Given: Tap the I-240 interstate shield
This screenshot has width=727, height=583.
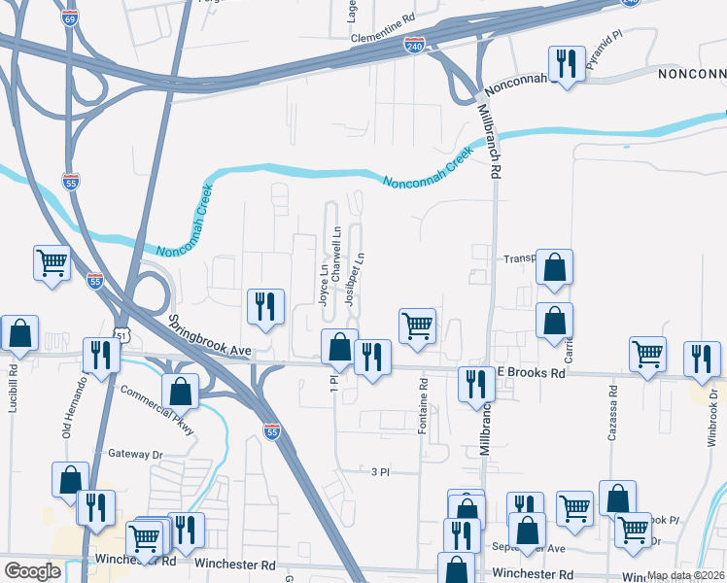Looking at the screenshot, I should [414, 46].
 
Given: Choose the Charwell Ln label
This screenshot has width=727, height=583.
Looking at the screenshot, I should [336, 255].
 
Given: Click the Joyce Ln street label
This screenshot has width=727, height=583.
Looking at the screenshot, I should [323, 283].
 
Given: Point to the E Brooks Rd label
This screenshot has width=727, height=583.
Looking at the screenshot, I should [532, 373].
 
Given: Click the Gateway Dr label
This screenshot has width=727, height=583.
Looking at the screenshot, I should [135, 454].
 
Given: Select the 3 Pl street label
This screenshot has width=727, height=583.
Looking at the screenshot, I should [380, 472].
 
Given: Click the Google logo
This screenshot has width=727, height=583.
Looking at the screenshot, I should [32, 571].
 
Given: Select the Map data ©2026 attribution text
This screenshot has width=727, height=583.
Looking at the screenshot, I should [685, 575].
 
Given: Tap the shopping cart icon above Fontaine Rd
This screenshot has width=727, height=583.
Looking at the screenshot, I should [417, 326].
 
